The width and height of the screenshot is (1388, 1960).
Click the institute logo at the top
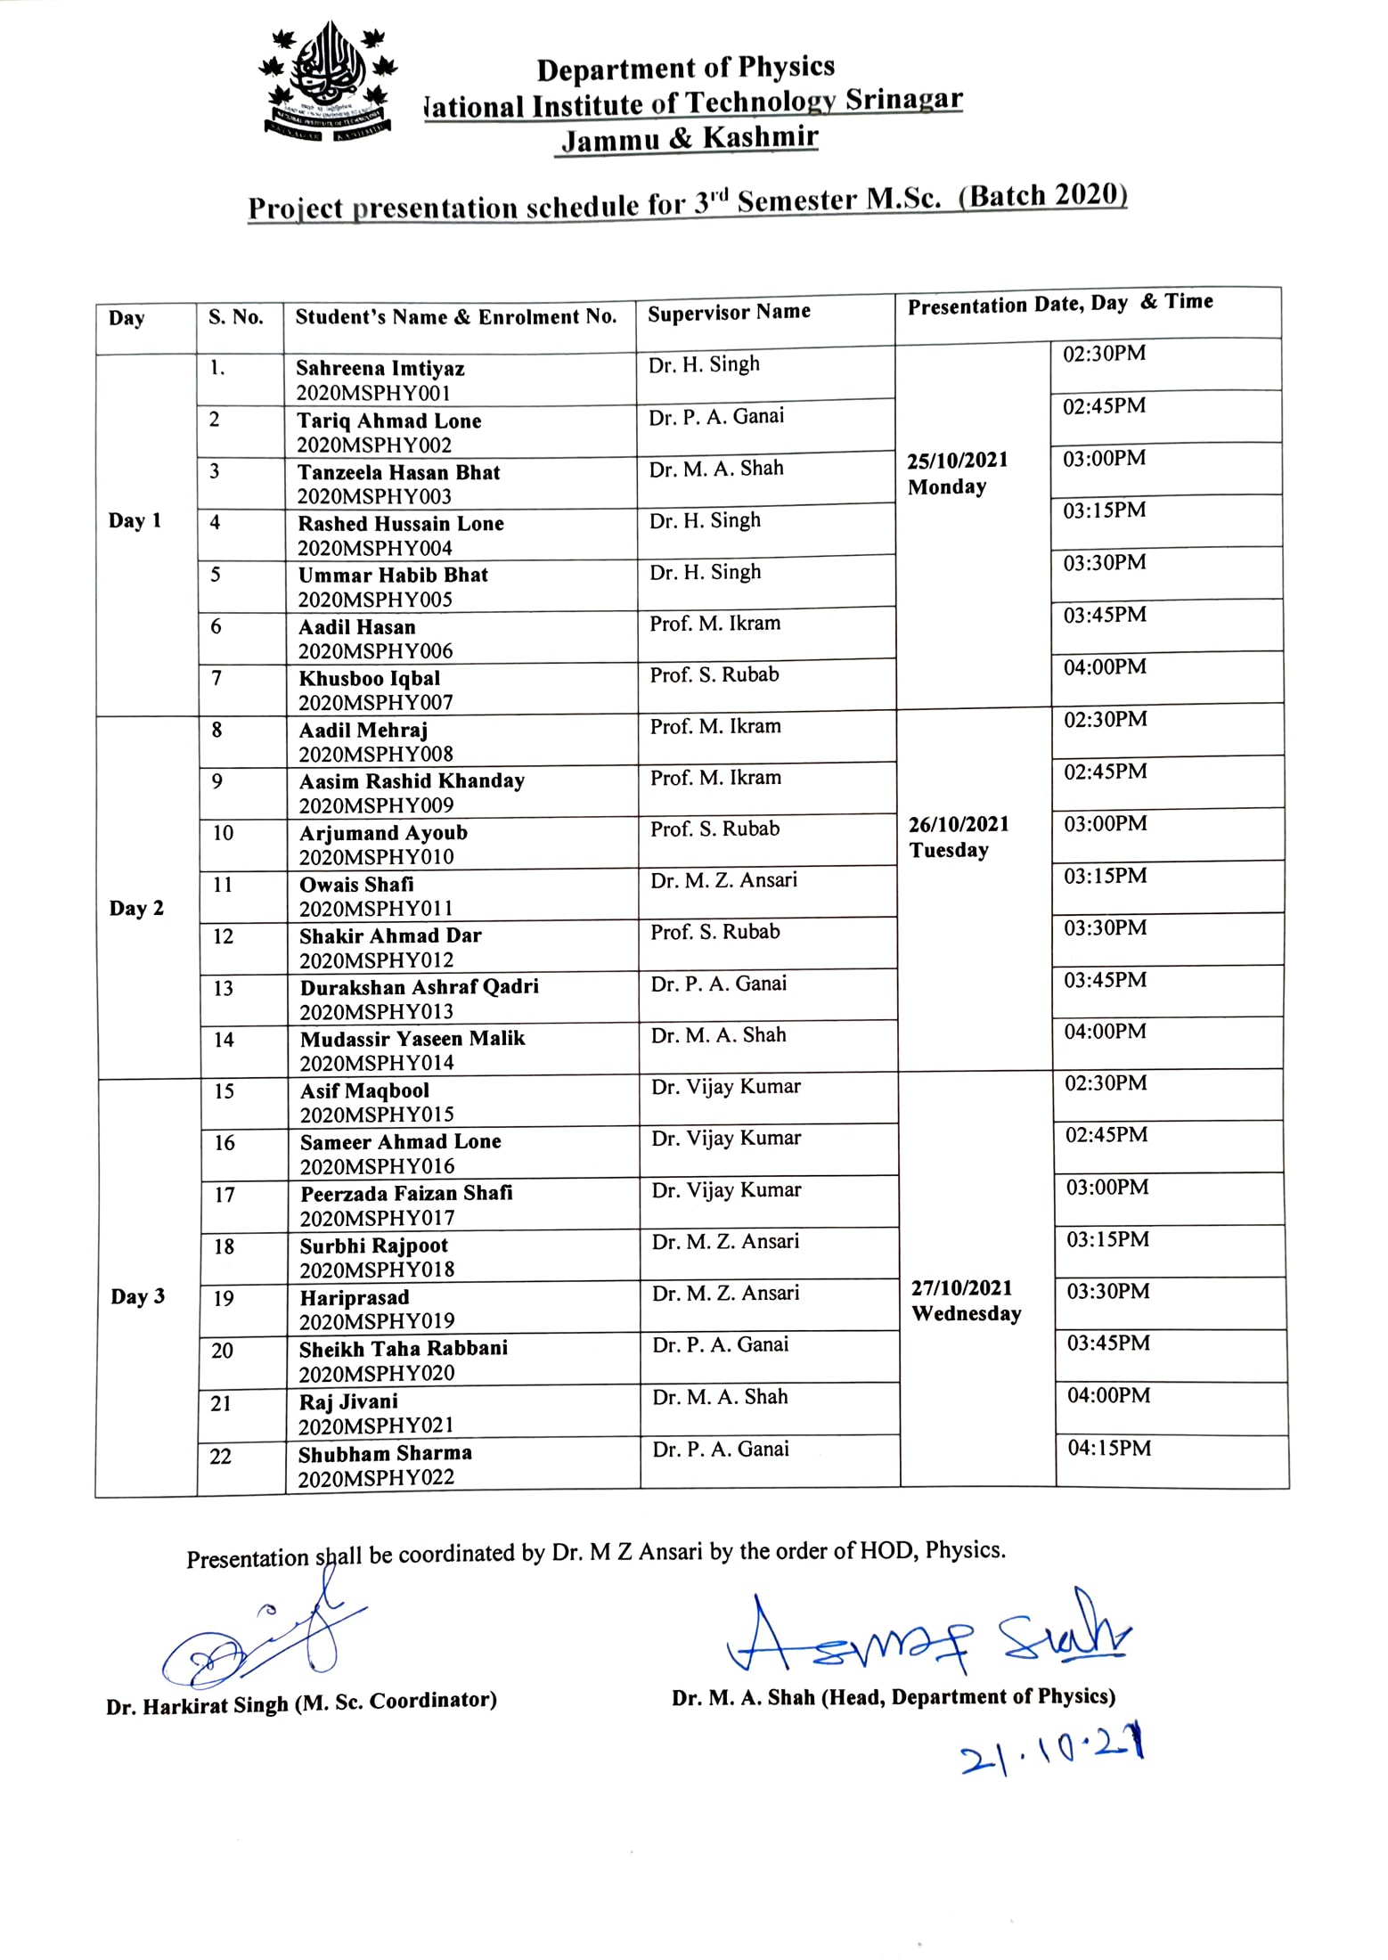(328, 81)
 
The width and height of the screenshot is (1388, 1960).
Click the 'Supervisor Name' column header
(729, 313)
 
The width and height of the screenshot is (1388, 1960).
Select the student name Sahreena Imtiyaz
(380, 368)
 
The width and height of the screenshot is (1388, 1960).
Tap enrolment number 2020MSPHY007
(375, 703)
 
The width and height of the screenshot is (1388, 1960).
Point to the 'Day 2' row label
(136, 909)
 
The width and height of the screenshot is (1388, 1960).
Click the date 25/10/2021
(957, 461)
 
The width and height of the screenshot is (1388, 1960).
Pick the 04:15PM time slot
(1109, 1449)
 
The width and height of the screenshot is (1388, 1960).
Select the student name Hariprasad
(354, 1297)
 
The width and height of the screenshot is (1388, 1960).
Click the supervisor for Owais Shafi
(723, 880)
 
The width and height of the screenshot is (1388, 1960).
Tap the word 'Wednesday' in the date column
(966, 1314)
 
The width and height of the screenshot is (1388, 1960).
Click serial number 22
(220, 1457)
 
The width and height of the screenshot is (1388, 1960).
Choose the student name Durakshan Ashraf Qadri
(419, 987)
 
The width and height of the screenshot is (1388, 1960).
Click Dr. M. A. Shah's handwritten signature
(927, 1636)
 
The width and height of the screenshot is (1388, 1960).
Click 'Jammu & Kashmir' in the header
(690, 138)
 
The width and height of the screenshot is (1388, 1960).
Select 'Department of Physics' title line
(685, 68)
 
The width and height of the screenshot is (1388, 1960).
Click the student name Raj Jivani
(348, 1401)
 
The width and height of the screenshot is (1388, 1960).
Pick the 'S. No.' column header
(235, 317)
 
